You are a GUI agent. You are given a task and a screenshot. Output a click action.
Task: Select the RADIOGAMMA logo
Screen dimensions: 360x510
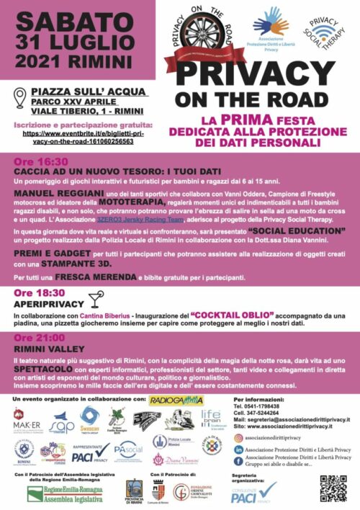tap(176, 400)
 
